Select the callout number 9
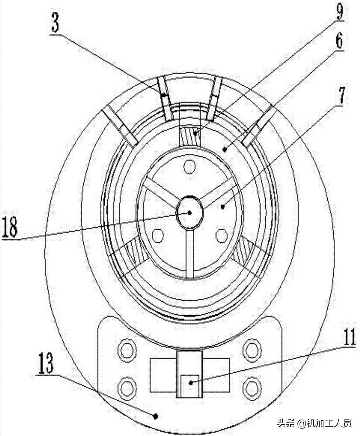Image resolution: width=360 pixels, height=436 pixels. point(340,10)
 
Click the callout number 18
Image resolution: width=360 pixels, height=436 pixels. point(10,227)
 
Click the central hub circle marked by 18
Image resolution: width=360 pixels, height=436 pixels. point(189,212)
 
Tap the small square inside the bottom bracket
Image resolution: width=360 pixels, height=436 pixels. point(190,386)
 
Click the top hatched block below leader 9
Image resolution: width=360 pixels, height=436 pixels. point(189,136)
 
